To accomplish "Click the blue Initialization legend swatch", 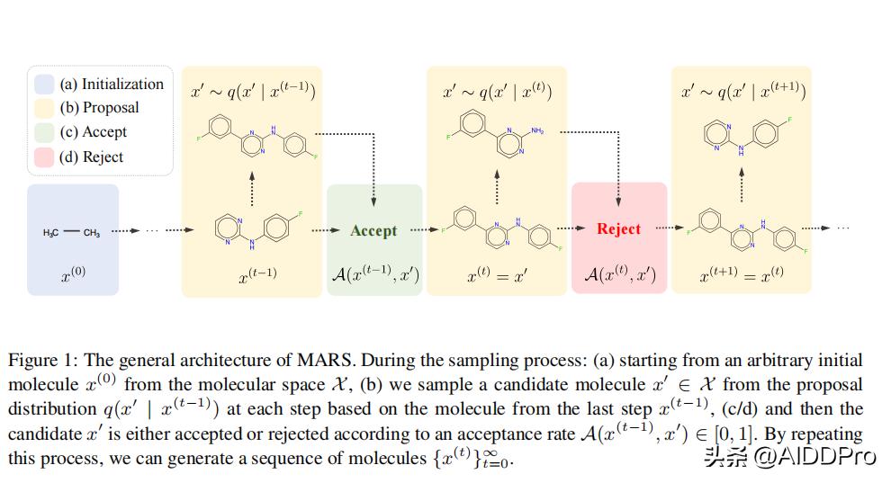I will [44, 84].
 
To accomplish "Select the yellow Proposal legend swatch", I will [44, 108].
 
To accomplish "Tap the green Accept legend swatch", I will [44, 132].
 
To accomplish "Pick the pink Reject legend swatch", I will [44, 157].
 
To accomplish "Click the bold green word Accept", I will [373, 230].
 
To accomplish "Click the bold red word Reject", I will [619, 228].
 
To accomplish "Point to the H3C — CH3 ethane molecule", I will [72, 233].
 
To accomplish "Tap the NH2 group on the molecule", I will [537, 130].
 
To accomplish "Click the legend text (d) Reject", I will [91, 157].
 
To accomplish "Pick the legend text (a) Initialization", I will [112, 84].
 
